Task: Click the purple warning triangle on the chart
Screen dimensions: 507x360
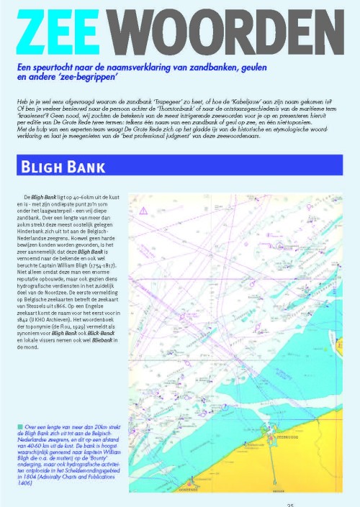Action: pyautogui.click(x=145, y=210)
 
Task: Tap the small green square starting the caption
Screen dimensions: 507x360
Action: pyautogui.click(x=18, y=408)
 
